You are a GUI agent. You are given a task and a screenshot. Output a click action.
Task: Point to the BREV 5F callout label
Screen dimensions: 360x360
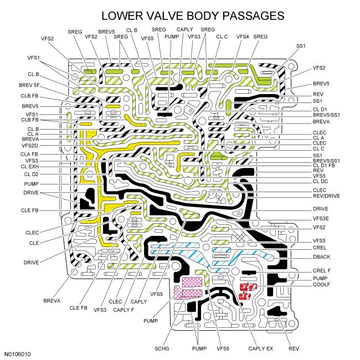pos(29,85)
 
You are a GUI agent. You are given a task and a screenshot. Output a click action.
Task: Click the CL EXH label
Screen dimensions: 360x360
pos(30,166)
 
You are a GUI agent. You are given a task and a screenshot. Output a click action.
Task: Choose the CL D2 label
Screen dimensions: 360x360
pos(30,174)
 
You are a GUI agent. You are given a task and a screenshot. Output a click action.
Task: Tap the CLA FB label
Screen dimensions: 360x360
pos(30,153)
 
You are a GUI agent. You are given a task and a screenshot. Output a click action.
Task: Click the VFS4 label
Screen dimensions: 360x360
pos(243,37)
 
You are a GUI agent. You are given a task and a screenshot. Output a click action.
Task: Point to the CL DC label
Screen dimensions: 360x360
pos(320,181)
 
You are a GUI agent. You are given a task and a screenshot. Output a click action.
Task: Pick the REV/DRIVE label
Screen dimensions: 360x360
pos(326,196)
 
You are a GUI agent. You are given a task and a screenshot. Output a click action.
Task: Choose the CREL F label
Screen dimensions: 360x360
pos(322,270)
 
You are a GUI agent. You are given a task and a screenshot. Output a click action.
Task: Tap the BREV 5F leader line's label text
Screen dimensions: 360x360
pos(29,85)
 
